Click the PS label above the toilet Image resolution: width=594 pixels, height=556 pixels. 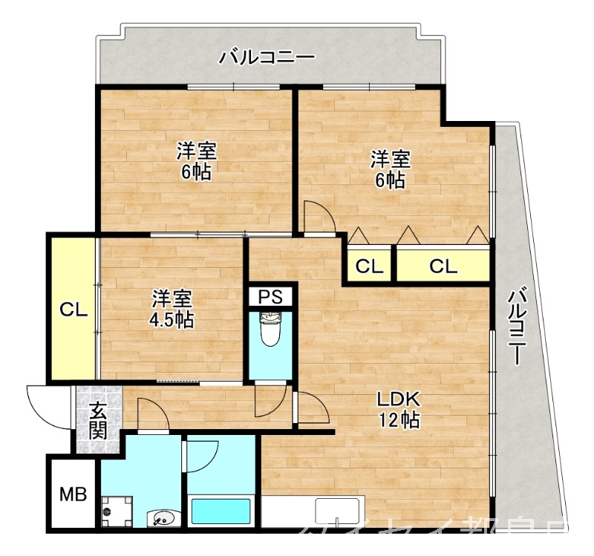(271, 297)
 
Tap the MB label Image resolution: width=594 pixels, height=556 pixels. (72, 494)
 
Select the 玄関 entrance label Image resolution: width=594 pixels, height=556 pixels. (98, 420)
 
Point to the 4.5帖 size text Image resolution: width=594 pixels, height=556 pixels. (172, 320)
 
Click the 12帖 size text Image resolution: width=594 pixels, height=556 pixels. (401, 420)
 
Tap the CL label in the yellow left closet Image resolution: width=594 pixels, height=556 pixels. (74, 310)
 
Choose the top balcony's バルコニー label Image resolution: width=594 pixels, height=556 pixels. (267, 57)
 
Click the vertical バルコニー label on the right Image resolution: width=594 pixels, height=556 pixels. (519, 327)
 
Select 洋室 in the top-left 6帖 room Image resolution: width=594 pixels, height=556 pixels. (196, 152)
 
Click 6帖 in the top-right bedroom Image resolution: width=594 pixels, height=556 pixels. (390, 179)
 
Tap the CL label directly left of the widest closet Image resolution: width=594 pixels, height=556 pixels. (369, 266)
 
